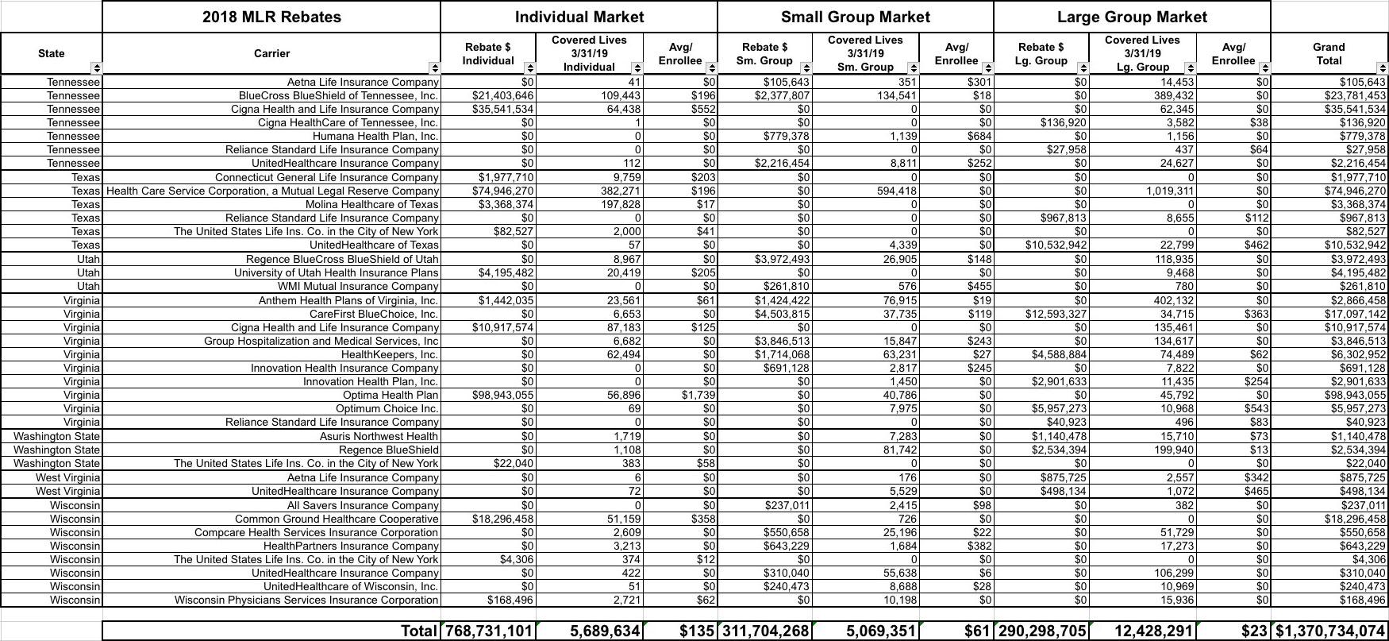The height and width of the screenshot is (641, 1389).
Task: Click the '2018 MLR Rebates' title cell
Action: [271, 17]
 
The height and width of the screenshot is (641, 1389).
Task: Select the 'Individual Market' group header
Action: [579, 17]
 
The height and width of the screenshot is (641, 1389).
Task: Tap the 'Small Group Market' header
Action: [855, 17]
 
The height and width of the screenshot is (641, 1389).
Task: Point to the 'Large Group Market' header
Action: [1131, 17]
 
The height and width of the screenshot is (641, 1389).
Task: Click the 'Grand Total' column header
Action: [1328, 53]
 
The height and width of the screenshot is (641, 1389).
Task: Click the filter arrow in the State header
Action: [96, 68]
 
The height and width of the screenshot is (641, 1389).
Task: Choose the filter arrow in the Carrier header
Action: [433, 68]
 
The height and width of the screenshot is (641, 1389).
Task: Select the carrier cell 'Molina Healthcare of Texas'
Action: [371, 204]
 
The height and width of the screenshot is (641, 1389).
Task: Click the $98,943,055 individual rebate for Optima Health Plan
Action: [503, 395]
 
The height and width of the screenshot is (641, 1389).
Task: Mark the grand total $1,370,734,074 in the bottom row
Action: [1330, 631]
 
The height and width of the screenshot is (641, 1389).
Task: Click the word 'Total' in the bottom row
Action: [419, 631]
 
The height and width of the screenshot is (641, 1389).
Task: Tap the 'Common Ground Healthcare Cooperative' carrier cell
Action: [337, 519]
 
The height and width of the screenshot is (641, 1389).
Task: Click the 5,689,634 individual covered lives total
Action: [605, 631]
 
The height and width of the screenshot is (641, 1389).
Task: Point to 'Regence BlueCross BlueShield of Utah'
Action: [342, 259]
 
